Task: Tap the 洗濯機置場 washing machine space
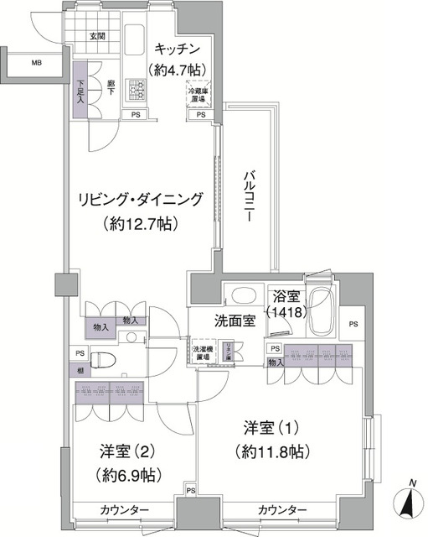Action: click(204, 352)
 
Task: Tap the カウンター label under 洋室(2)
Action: click(125, 510)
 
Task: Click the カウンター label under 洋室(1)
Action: click(281, 510)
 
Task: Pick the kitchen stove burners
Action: click(133, 88)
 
